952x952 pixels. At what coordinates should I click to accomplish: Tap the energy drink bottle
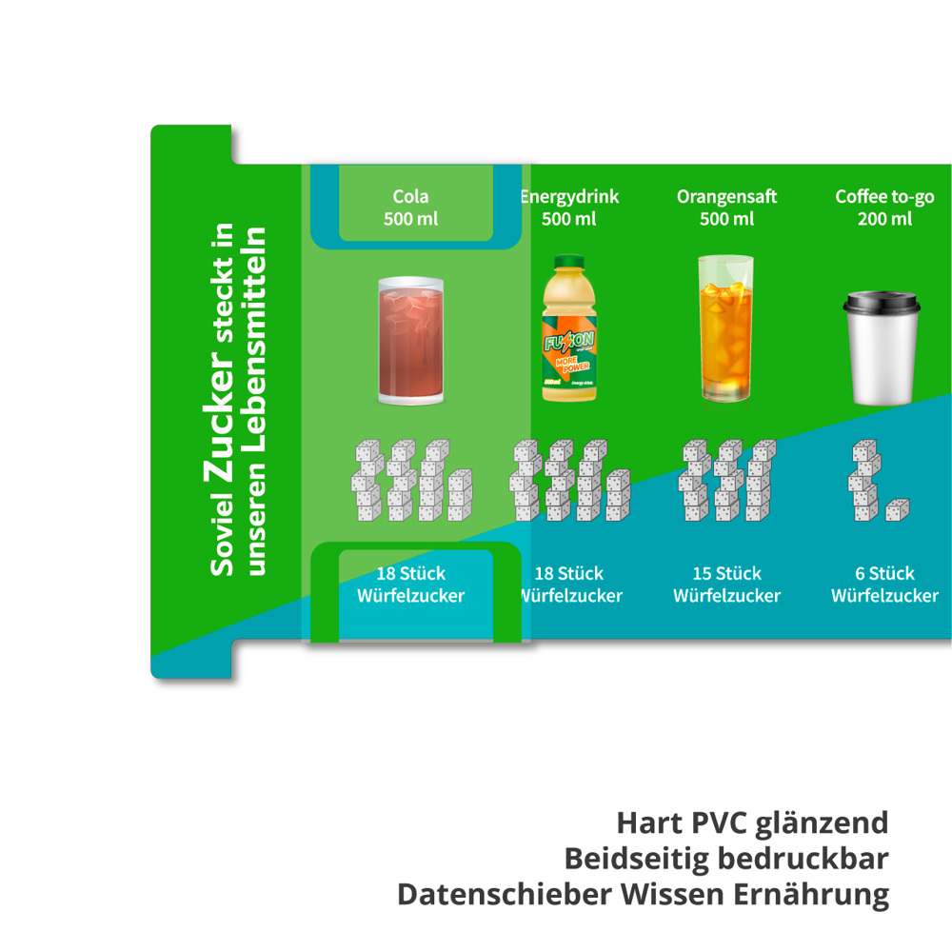[x=569, y=328]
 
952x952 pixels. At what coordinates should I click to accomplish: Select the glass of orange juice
[x=725, y=328]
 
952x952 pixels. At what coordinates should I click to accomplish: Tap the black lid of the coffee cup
[x=883, y=303]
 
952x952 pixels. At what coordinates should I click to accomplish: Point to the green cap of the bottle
[x=568, y=261]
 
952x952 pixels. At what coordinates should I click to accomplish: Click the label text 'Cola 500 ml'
[x=410, y=208]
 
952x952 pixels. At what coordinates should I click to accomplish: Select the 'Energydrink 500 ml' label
[x=569, y=208]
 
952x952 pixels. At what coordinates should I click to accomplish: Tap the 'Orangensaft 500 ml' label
[x=726, y=208]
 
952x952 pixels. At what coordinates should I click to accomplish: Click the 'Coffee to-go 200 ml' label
[x=884, y=208]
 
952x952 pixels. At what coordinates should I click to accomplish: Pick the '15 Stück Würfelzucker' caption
[x=726, y=585]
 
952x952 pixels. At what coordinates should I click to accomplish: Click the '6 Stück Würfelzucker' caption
[x=884, y=585]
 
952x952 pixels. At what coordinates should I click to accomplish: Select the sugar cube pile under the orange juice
[x=726, y=480]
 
